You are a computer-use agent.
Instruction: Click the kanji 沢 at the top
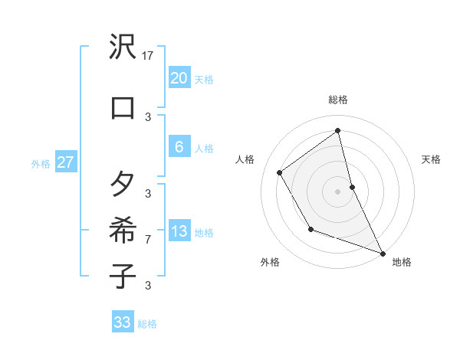click(x=123, y=47)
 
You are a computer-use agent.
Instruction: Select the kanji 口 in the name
click(x=123, y=107)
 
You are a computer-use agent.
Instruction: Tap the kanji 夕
click(x=123, y=185)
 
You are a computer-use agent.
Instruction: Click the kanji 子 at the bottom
click(x=123, y=275)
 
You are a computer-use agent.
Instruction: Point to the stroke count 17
click(x=148, y=56)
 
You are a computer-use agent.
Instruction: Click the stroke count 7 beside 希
click(x=148, y=240)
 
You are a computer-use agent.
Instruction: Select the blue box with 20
click(x=179, y=78)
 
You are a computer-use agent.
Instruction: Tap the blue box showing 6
click(x=179, y=147)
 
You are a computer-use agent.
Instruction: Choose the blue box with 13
click(x=179, y=231)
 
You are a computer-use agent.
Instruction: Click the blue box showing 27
click(x=65, y=162)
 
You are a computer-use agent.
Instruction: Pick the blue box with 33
click(x=123, y=322)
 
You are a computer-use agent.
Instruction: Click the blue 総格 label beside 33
click(x=147, y=324)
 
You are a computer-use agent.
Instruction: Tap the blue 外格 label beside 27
click(x=41, y=163)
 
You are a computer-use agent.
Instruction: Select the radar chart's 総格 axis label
click(x=338, y=100)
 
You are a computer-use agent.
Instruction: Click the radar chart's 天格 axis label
click(x=431, y=159)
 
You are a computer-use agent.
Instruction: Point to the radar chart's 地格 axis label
click(x=402, y=262)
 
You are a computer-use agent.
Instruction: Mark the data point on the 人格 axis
click(x=280, y=172)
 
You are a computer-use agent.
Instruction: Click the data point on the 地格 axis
click(x=383, y=254)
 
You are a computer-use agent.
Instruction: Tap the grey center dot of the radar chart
click(x=338, y=191)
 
